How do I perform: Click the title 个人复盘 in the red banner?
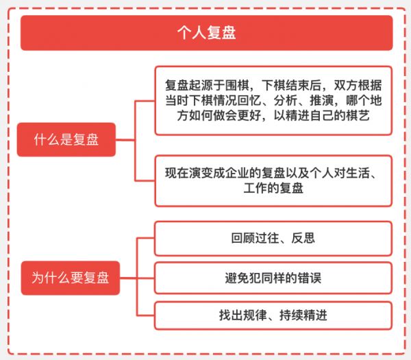pos(207,33)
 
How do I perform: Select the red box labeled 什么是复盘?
pos(66,140)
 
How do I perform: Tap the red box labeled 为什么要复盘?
pos(71,278)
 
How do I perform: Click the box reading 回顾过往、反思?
pos(273,239)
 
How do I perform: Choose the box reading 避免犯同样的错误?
pos(273,278)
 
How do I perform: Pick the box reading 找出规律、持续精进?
pos(273,315)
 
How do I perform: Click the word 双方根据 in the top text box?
pos(358,85)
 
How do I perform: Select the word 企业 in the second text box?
pos(237,173)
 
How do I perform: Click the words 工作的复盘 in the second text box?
pos(273,188)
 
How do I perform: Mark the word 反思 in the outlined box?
pos(303,238)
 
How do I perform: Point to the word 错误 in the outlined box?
pos(310,278)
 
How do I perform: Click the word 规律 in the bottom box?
pos(255,315)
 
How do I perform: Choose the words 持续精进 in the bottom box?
pos(303,315)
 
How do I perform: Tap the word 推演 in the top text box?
pos(322,101)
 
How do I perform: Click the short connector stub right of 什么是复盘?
pos(125,140)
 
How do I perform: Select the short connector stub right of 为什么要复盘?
pos(129,278)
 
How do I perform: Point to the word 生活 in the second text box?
pos(358,173)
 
